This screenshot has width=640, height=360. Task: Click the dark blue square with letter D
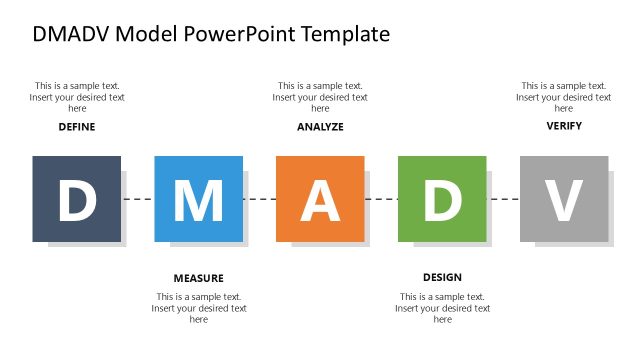click(x=76, y=199)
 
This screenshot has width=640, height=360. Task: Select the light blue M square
click(x=198, y=199)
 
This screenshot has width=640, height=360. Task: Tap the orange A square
click(x=320, y=199)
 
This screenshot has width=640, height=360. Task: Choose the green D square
click(x=442, y=199)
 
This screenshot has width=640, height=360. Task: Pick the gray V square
click(x=564, y=199)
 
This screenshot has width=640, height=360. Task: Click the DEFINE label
click(x=77, y=127)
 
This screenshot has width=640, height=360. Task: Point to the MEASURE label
click(x=198, y=278)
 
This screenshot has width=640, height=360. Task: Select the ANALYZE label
click(x=320, y=127)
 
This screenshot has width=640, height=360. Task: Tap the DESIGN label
click(x=442, y=277)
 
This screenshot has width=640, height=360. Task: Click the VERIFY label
click(x=564, y=126)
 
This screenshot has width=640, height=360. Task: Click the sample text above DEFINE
click(x=77, y=97)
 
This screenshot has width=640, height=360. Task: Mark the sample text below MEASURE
click(x=199, y=308)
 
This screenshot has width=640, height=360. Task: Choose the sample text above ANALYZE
click(x=320, y=97)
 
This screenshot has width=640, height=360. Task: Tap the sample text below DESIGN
click(x=442, y=308)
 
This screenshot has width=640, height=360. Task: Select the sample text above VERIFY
click(x=564, y=97)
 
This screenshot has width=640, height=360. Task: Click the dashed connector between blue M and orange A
click(x=259, y=200)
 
